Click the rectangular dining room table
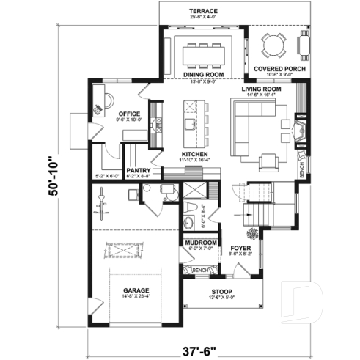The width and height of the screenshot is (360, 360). (204, 51)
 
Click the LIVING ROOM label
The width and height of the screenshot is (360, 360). (262, 89)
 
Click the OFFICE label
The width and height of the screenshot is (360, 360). (129, 114)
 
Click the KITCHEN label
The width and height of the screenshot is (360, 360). (195, 154)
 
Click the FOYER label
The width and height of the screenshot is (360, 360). (240, 247)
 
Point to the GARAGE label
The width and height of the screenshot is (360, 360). (136, 290)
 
